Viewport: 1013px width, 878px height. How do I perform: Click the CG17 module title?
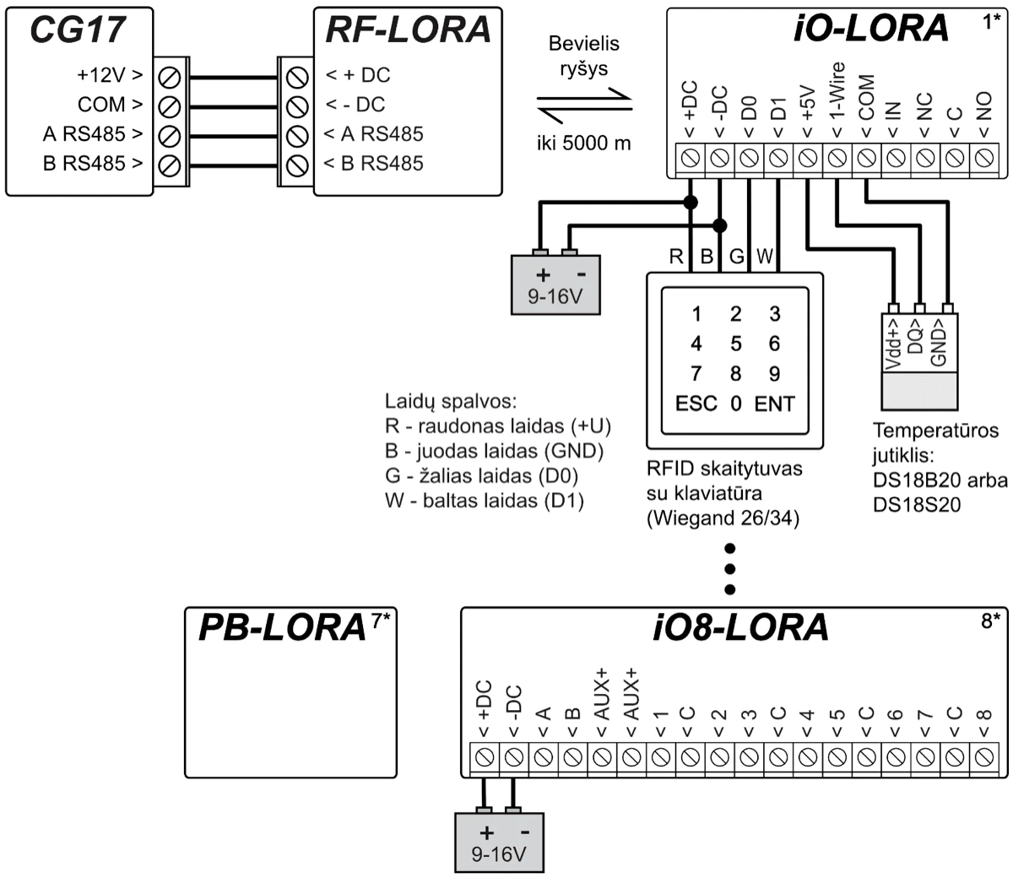pyautogui.click(x=78, y=30)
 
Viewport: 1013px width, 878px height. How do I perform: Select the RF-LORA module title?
pyautogui.click(x=408, y=30)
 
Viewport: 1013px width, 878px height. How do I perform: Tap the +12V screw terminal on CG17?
pyautogui.click(x=170, y=76)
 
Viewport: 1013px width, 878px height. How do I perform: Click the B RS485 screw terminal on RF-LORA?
pyautogui.click(x=296, y=164)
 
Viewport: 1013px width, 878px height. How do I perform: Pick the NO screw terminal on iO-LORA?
pyautogui.click(x=983, y=158)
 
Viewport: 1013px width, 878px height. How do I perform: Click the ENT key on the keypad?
pyautogui.click(x=774, y=404)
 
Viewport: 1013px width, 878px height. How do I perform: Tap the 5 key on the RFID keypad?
pyautogui.click(x=736, y=344)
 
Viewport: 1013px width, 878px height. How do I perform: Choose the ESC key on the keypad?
pyautogui.click(x=696, y=404)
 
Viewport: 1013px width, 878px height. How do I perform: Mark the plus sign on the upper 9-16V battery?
pyautogui.click(x=543, y=275)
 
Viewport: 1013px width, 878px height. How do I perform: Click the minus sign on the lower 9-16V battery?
pyautogui.click(x=525, y=832)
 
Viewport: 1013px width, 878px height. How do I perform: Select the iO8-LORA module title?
pyautogui.click(x=740, y=628)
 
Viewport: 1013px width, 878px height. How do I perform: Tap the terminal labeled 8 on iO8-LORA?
pyautogui.click(x=983, y=757)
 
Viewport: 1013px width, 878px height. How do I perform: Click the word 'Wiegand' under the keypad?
pyautogui.click(x=695, y=518)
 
